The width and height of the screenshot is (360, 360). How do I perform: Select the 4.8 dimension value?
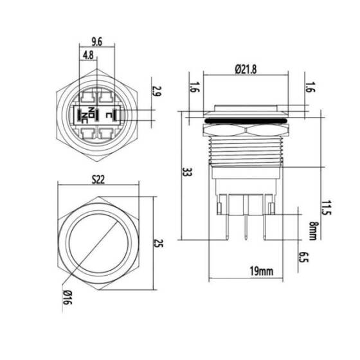[87, 55]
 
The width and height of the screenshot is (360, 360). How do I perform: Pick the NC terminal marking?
[85, 116]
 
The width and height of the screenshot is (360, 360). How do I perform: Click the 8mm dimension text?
[312, 230]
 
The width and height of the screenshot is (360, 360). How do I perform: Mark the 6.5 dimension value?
[305, 258]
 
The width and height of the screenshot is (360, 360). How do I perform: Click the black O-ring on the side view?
[246, 120]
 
